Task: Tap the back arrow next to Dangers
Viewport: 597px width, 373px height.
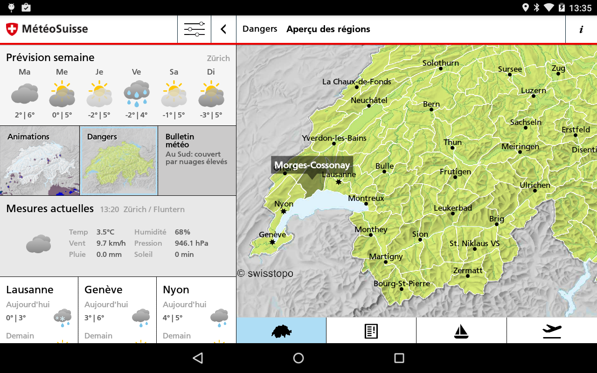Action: tap(223, 29)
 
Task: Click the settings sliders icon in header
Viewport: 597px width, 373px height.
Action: tap(194, 29)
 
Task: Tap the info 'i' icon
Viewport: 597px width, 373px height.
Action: tap(581, 29)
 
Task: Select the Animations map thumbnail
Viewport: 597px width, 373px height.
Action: tap(40, 161)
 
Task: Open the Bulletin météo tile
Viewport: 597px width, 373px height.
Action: tap(197, 161)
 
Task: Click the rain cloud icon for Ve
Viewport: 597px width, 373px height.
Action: tap(136, 93)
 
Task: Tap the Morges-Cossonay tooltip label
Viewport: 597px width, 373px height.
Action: tap(312, 165)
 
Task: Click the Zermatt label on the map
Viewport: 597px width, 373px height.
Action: tap(468, 270)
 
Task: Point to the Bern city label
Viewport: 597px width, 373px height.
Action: tap(431, 104)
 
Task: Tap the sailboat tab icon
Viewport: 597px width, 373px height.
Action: tap(461, 331)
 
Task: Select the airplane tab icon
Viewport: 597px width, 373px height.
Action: tap(552, 331)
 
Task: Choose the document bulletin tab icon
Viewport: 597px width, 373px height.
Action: tap(371, 331)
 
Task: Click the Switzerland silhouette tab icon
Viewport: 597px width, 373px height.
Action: tap(281, 331)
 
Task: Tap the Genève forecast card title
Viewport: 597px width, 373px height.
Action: tap(104, 290)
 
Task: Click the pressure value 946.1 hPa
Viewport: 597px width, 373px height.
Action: tap(191, 243)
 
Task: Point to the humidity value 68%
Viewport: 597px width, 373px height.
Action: tap(182, 232)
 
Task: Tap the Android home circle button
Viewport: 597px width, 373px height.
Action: tap(298, 358)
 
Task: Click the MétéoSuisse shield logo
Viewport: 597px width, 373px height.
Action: tap(12, 29)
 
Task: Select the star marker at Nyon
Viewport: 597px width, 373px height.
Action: tap(284, 211)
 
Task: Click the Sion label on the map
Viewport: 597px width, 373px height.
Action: tap(420, 234)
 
